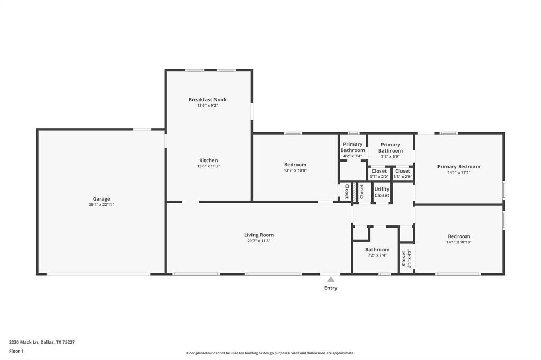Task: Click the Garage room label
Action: click(101, 199)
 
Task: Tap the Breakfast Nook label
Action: click(207, 99)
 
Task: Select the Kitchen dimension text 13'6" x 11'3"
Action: click(208, 166)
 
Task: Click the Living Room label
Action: click(259, 235)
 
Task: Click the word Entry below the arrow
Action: click(331, 288)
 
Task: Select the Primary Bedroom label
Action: click(459, 167)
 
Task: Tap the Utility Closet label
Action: click(382, 192)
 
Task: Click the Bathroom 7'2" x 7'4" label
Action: click(377, 250)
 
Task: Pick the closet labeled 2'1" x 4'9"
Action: click(405, 259)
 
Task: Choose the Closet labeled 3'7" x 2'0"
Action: click(379, 171)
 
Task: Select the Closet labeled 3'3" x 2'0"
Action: click(403, 171)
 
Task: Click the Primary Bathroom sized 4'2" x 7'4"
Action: click(352, 147)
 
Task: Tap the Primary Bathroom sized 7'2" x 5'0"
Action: click(390, 148)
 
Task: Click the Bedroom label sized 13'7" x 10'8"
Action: click(295, 165)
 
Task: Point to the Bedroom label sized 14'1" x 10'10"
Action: click(459, 236)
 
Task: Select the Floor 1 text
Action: click(16, 351)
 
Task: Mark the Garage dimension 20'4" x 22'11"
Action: click(101, 205)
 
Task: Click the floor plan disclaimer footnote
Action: click(270, 353)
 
